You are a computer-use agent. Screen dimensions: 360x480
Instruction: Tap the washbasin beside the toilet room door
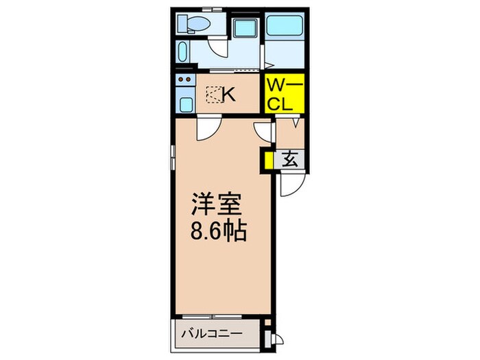[182, 52]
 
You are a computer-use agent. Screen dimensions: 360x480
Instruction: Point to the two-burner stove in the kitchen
[184, 82]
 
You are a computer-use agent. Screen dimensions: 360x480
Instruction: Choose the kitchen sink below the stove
[184, 104]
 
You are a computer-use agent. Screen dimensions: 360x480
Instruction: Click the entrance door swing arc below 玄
[291, 185]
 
